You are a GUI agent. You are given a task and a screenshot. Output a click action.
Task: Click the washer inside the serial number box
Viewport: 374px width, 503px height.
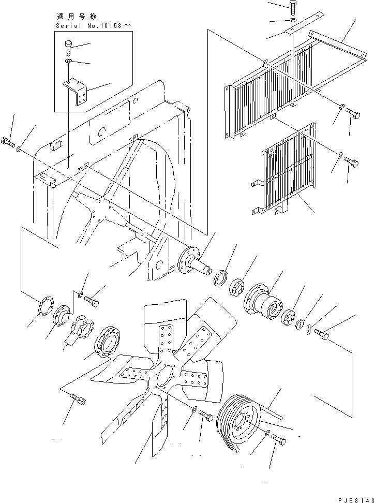(x=69, y=61)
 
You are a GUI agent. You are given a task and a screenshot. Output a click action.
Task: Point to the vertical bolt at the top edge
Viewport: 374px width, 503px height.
(x=293, y=7)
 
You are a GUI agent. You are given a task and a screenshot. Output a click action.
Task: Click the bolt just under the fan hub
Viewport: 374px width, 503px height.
(x=205, y=415)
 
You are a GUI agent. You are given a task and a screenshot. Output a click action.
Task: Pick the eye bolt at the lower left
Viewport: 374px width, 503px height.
(x=77, y=398)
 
